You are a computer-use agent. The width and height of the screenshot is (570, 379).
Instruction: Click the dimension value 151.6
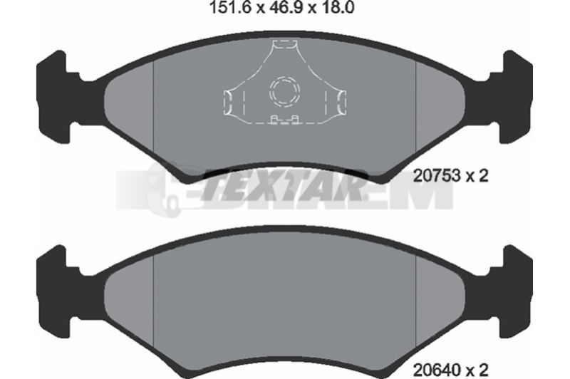pos(231,7)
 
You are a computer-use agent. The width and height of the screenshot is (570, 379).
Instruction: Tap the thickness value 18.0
pos(338,7)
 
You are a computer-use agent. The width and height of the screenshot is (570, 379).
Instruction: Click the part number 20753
pos(437,176)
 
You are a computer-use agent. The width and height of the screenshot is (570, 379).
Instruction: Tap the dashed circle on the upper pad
pos(285,92)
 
